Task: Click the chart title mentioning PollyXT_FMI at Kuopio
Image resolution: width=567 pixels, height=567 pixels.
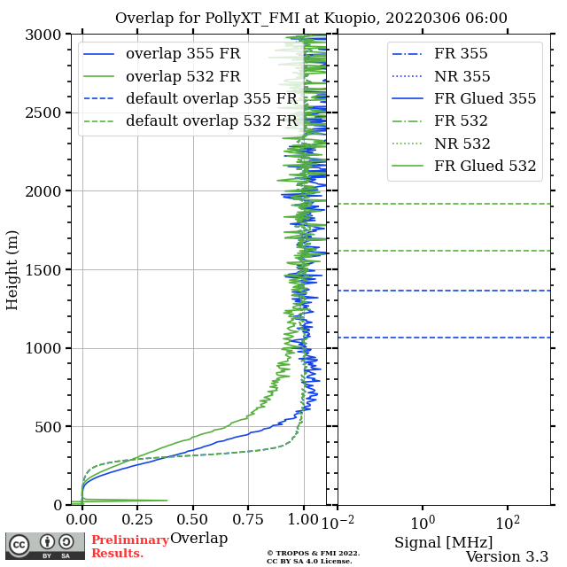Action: click(x=311, y=18)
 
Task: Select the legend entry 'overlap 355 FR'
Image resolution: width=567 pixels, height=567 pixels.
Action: click(x=183, y=53)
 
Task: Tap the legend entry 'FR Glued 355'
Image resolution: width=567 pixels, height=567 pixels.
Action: click(x=485, y=98)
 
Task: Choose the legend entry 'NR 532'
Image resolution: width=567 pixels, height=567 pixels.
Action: click(x=462, y=144)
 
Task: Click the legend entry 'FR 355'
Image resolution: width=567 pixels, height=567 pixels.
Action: click(x=461, y=53)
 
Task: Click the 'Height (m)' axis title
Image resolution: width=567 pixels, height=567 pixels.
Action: click(x=12, y=269)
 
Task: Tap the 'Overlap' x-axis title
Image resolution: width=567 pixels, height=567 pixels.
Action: click(x=198, y=538)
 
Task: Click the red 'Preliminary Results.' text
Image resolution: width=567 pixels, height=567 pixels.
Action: click(x=129, y=547)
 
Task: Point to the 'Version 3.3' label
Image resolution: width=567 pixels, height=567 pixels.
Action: click(x=507, y=556)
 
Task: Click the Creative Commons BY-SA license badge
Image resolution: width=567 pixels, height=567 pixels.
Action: click(x=45, y=546)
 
